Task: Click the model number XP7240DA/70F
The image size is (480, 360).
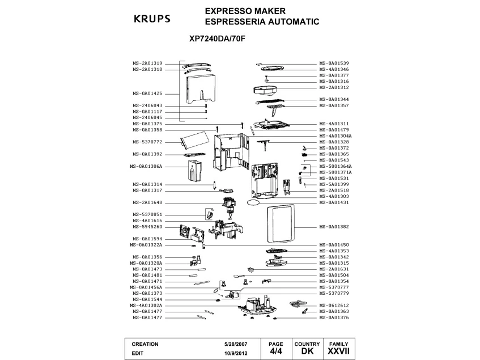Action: (217, 40)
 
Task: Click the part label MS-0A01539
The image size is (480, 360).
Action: (334, 63)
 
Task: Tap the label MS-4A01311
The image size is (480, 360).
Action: (334, 124)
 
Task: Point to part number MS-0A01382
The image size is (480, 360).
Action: (334, 227)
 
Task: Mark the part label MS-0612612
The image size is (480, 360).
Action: (334, 306)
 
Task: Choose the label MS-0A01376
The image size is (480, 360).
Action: (334, 317)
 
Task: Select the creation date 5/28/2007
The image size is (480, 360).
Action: (236, 344)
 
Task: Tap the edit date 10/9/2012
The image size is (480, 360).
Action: (236, 352)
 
